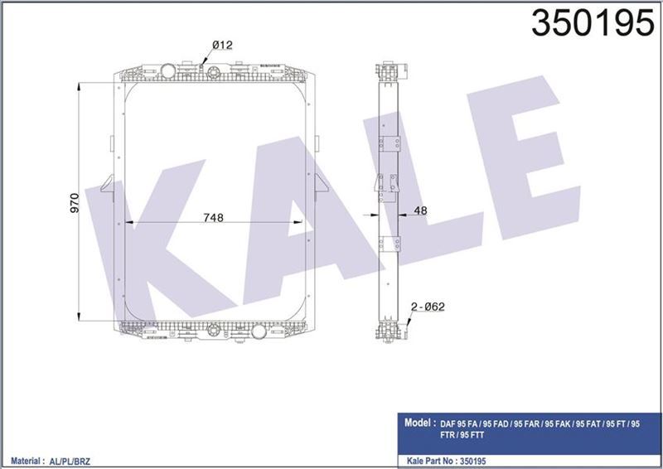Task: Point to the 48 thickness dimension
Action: pyautogui.click(x=420, y=211)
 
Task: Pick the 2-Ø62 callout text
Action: pyautogui.click(x=428, y=307)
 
